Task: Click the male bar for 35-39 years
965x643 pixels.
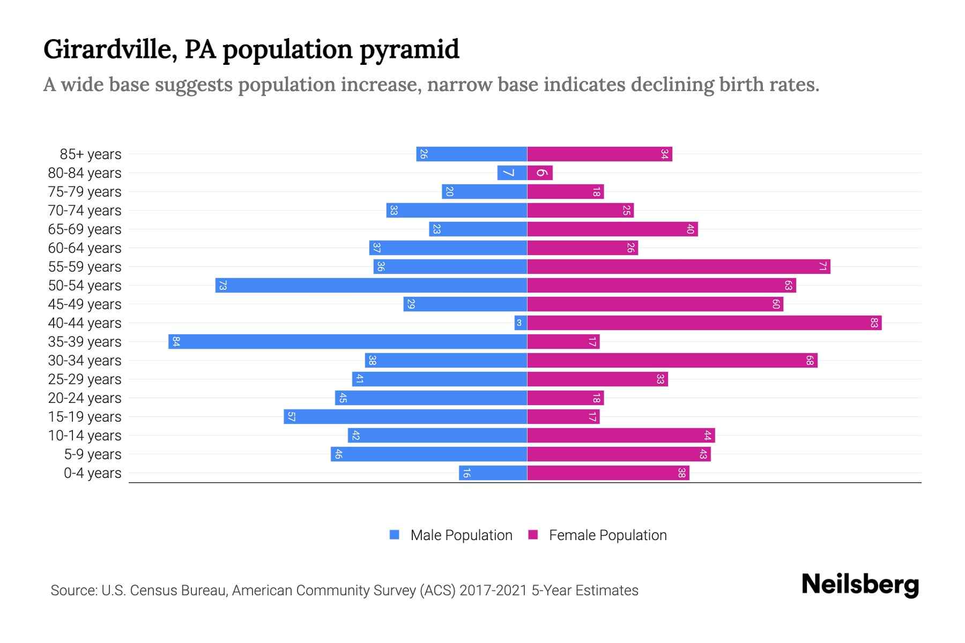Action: (347, 341)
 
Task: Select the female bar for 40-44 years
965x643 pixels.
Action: (704, 323)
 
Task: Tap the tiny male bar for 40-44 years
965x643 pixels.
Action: (521, 323)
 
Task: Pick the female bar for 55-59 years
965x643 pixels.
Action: (678, 266)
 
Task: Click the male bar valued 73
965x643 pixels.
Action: (371, 285)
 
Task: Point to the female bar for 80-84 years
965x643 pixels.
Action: (539, 173)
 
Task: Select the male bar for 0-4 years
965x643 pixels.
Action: (493, 473)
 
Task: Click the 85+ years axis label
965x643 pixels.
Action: (90, 154)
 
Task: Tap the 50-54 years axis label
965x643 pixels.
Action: (85, 286)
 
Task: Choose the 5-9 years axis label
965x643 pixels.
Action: (92, 454)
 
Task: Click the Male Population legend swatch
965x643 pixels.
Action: (395, 535)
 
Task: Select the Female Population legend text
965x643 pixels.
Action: (607, 535)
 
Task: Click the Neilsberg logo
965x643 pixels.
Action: (859, 585)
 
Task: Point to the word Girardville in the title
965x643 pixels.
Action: (107, 49)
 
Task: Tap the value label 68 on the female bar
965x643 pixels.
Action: (810, 360)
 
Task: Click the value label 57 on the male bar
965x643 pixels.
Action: (291, 416)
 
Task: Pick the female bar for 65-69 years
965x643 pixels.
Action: (612, 229)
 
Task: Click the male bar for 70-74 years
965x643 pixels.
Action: (456, 210)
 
